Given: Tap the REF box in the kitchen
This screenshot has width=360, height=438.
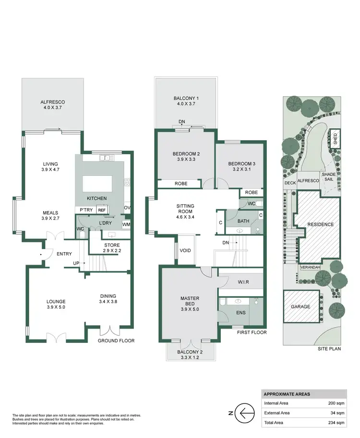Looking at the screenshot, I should click(102, 210).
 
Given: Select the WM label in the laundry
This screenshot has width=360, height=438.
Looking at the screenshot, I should click(126, 224).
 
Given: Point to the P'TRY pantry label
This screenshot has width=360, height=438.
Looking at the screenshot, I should click(86, 210).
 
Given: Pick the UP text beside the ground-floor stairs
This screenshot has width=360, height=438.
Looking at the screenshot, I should click(76, 263).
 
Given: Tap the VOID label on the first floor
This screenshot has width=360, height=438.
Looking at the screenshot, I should click(185, 250).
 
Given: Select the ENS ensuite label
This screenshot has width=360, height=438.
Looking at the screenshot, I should click(241, 312).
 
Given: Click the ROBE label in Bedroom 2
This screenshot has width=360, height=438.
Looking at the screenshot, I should click(180, 183).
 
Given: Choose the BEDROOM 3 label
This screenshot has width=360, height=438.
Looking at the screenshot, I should click(241, 164).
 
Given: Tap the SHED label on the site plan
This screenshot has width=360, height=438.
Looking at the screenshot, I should click(335, 138).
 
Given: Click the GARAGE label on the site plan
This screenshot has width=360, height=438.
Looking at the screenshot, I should click(301, 306).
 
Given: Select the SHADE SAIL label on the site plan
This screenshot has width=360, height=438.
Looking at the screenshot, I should click(329, 178).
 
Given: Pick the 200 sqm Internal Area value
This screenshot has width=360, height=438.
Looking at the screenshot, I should click(336, 403).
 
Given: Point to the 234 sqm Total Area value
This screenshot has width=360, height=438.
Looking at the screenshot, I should click(336, 423).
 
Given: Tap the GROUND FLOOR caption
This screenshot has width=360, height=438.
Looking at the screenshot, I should click(116, 341).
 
